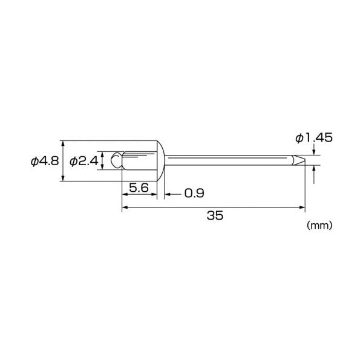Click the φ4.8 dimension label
45,161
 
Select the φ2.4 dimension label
84,161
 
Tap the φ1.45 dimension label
314,138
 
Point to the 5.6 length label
139,188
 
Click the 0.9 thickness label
194,193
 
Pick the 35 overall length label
215,215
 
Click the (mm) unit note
319,225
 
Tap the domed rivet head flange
160,161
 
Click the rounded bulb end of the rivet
116,160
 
